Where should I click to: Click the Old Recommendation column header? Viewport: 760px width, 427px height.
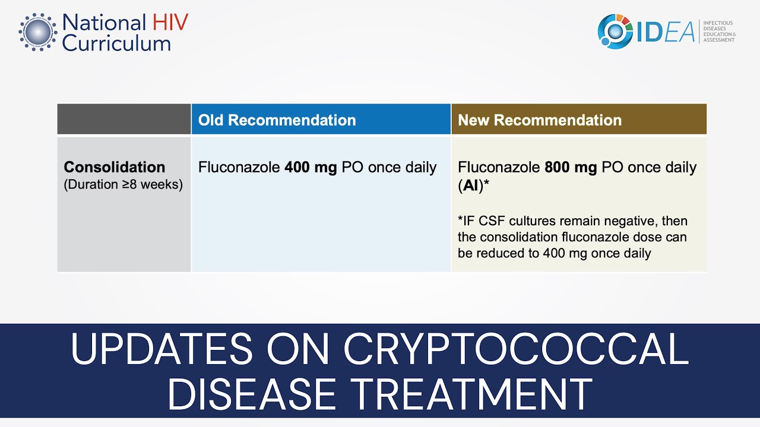pyautogui.click(x=277, y=120)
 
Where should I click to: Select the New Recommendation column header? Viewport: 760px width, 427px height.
pyautogui.click(x=539, y=120)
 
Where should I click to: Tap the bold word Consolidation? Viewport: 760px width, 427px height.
pyautogui.click(x=115, y=167)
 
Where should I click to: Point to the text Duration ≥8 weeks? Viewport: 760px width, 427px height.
pyautogui.click(x=123, y=184)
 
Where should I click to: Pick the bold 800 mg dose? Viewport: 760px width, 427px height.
pyautogui.click(x=571, y=168)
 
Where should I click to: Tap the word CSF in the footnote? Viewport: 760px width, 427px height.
pyautogui.click(x=498, y=221)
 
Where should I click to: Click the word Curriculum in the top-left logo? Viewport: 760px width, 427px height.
pyautogui.click(x=116, y=43)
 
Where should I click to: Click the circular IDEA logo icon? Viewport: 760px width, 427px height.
pyautogui.click(x=615, y=31)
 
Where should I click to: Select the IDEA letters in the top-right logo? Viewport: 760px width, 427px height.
pyautogui.click(x=665, y=32)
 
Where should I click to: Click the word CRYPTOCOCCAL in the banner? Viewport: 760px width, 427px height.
pyautogui.click(x=515, y=350)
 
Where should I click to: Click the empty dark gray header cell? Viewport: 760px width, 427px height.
pyautogui.click(x=124, y=119)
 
